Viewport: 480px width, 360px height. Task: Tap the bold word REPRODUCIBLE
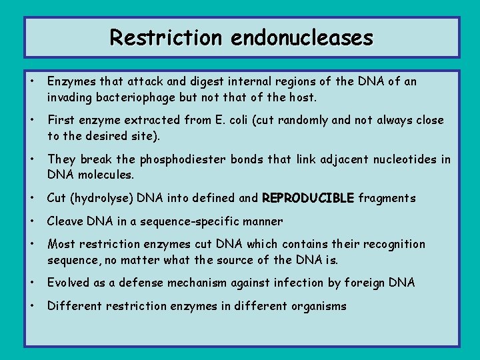tap(309, 198)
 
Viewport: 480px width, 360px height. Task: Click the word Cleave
tap(65, 221)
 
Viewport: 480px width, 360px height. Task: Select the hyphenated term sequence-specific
tap(201, 221)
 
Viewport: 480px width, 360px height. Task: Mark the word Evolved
tap(68, 283)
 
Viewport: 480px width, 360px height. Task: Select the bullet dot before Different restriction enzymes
tap(31, 306)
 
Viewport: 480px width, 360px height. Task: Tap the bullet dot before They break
tap(31, 159)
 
